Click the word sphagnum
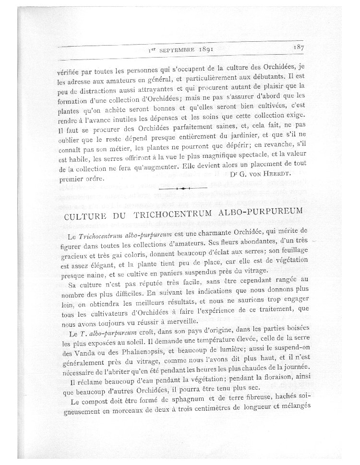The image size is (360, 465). (x=195, y=398)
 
